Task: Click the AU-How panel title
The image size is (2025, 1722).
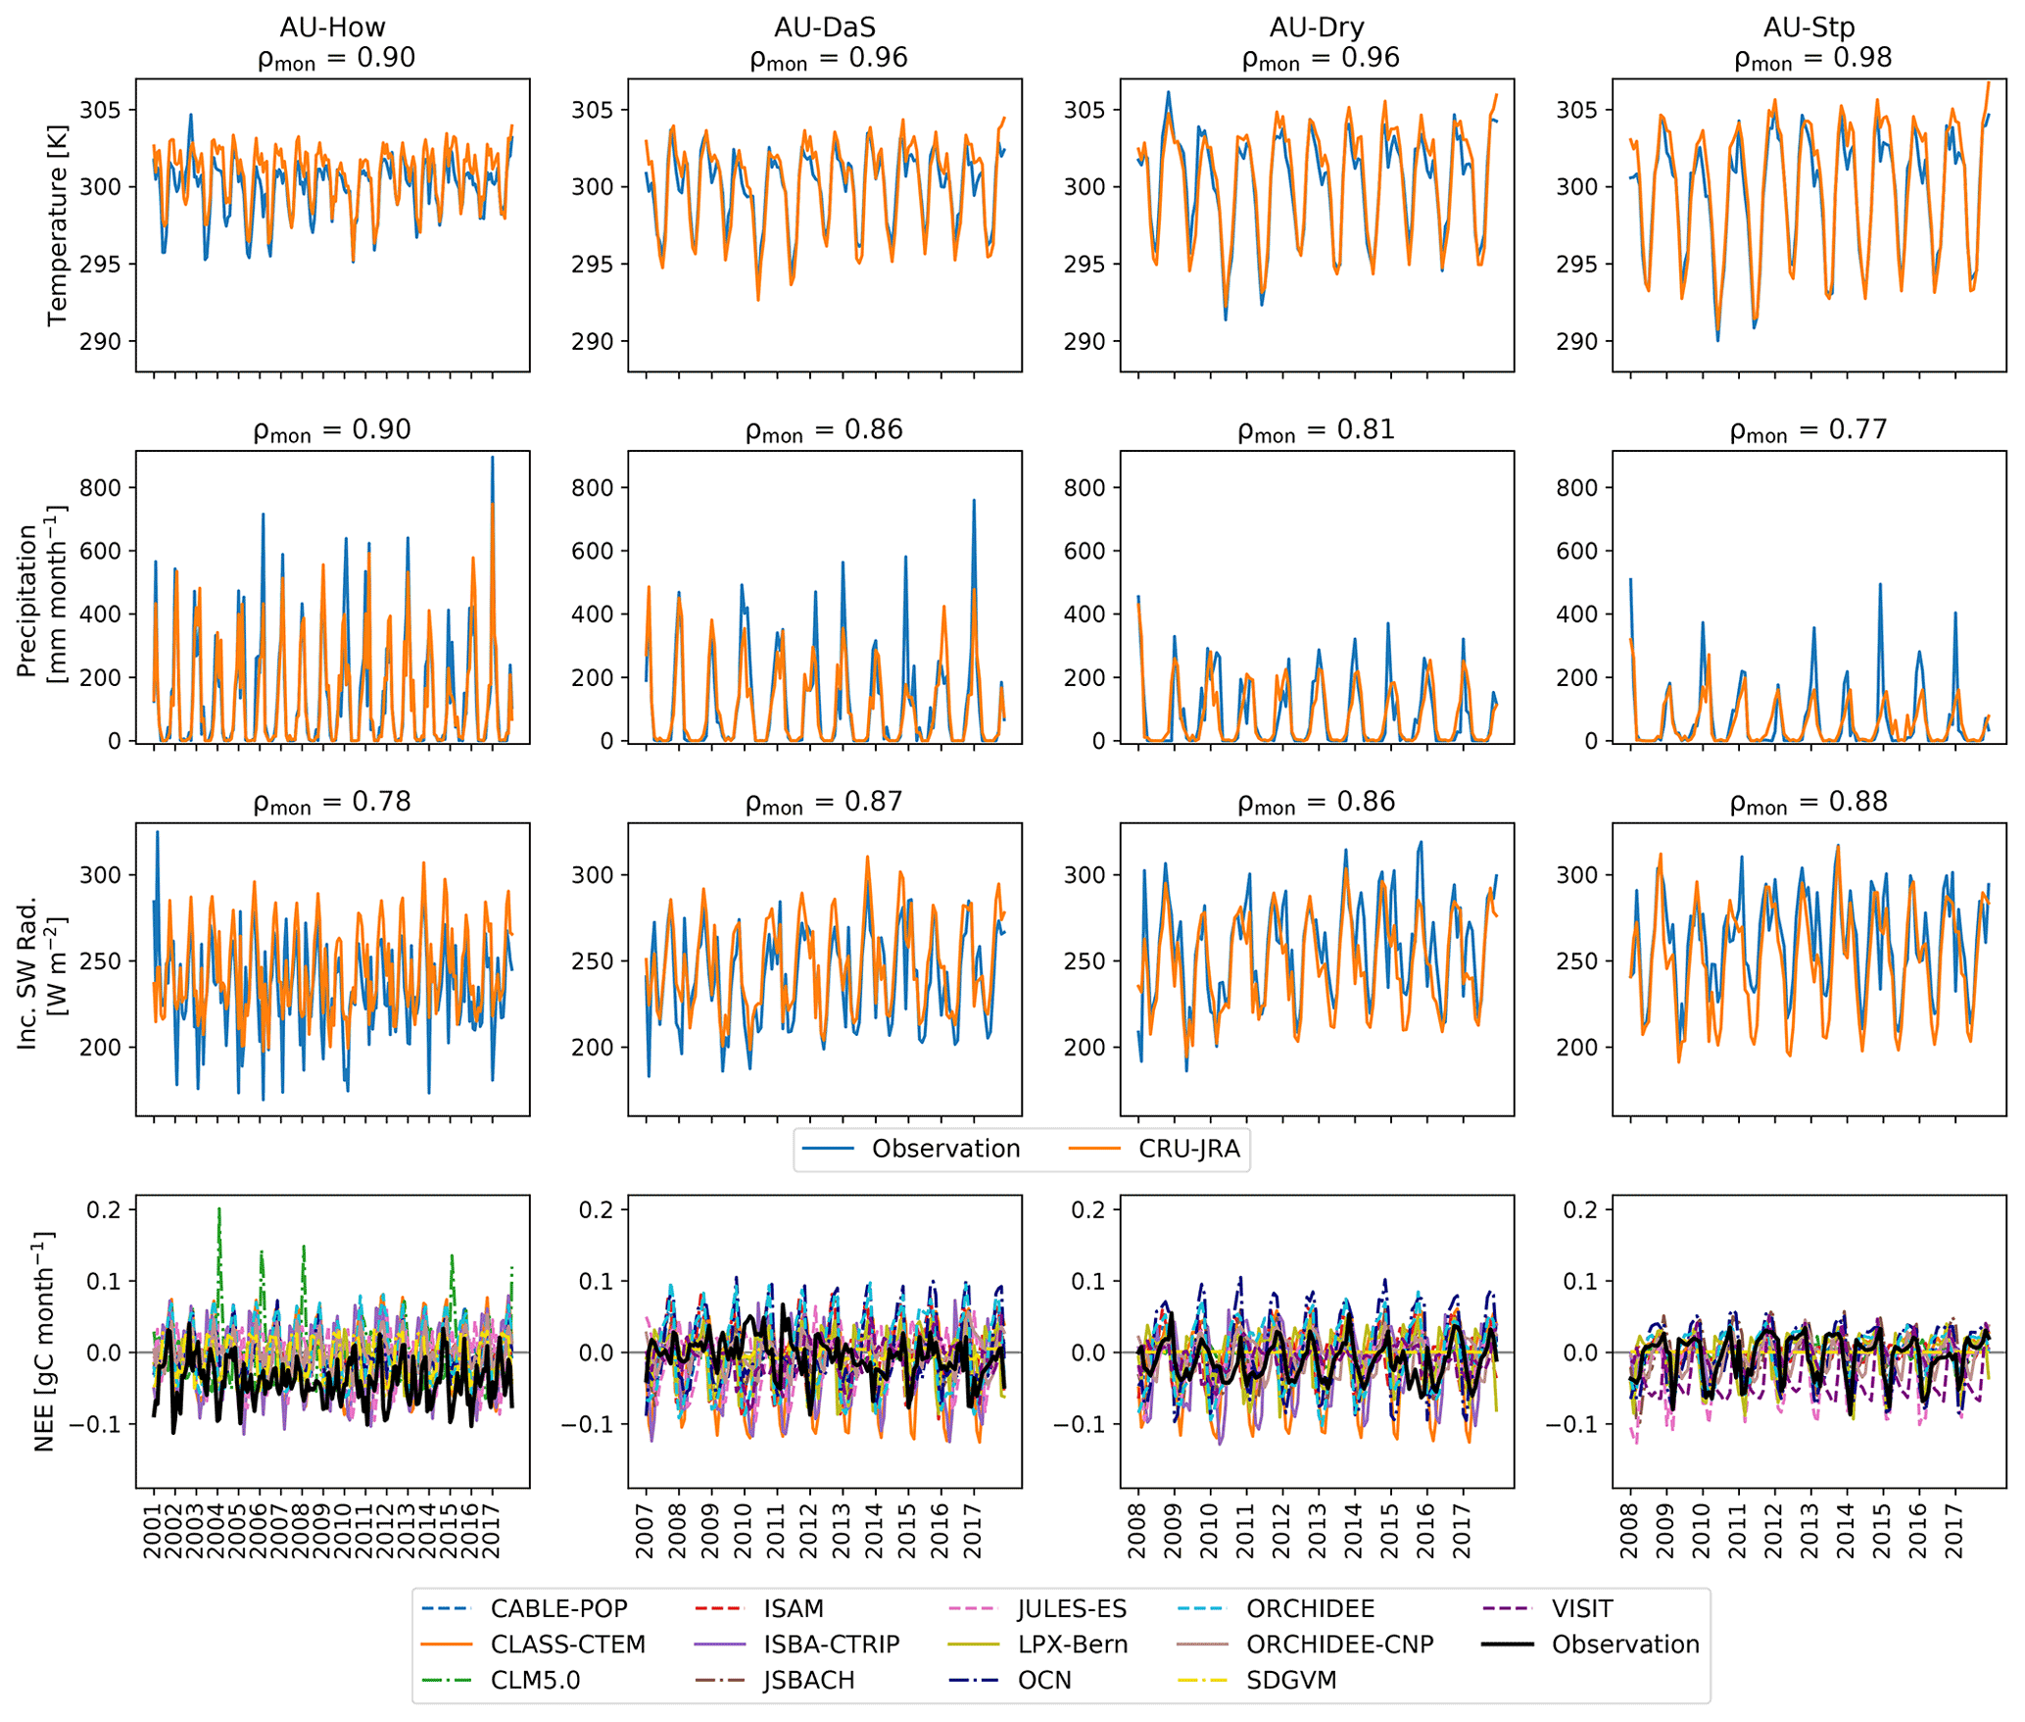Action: [332, 26]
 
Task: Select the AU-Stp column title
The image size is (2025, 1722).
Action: [1808, 26]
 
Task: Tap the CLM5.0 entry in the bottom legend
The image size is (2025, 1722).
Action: [535, 1680]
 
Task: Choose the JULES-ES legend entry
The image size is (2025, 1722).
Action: [1072, 1608]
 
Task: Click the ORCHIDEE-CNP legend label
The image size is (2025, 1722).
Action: [1339, 1644]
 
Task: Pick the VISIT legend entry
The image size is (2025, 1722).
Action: [1581, 1608]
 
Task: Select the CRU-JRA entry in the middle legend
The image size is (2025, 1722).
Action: [1188, 1149]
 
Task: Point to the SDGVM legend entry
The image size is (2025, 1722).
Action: [1291, 1680]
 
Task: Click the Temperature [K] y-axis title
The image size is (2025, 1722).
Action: [57, 224]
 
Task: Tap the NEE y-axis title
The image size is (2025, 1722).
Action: [44, 1341]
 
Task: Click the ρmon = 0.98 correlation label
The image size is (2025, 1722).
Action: [1812, 59]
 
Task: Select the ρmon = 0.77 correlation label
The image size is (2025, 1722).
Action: [1808, 430]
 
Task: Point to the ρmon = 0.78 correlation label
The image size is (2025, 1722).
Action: [332, 803]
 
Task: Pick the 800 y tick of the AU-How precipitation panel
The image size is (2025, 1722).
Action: [101, 487]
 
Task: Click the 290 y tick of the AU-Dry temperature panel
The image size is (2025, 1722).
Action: [1085, 341]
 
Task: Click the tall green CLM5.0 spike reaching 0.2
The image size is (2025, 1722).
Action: [219, 1210]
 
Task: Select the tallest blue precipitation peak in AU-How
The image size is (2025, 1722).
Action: [492, 459]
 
